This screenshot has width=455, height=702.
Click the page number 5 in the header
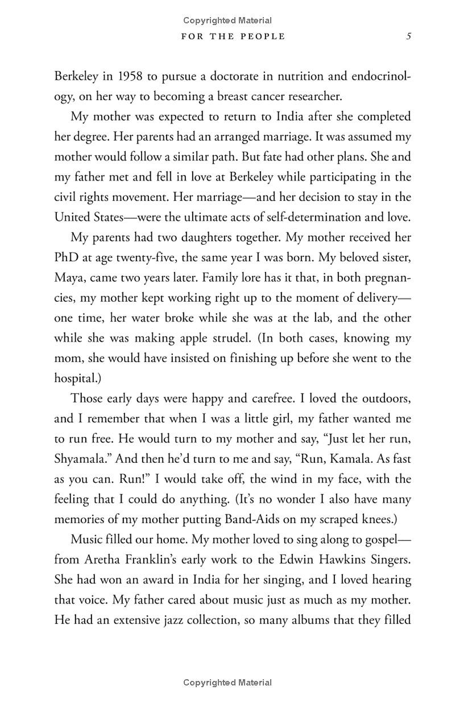point(409,36)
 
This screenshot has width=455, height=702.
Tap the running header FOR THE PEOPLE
point(233,36)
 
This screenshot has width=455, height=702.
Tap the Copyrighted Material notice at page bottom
point(227,682)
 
